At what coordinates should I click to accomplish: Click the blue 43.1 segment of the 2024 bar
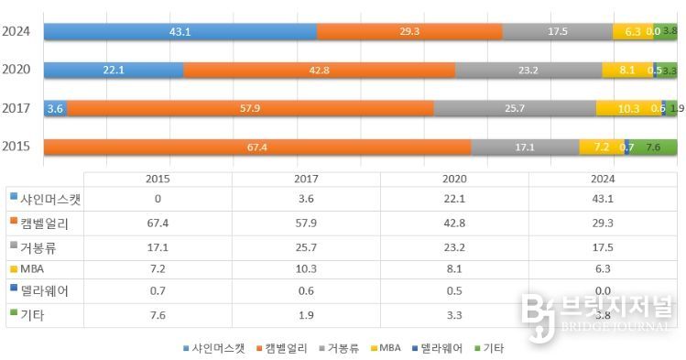click(x=180, y=31)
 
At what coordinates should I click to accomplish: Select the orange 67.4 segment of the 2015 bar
click(x=257, y=147)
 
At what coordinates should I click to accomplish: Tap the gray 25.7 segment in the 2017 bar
click(x=514, y=108)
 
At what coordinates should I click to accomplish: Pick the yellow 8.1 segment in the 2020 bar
click(x=626, y=70)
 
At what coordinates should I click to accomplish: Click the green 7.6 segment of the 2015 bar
click(x=653, y=147)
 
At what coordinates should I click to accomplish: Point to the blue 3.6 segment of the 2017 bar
click(x=55, y=108)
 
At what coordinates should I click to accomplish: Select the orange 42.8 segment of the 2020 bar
click(x=319, y=70)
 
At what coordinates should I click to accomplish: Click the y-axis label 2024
click(x=17, y=31)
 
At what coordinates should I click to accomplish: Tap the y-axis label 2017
click(x=17, y=108)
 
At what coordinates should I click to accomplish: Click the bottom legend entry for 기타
click(x=491, y=348)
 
